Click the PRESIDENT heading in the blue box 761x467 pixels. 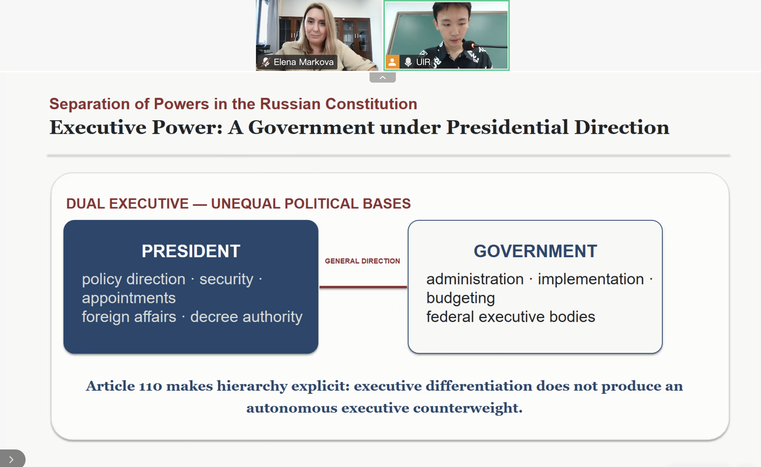tap(191, 251)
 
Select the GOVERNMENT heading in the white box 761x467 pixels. tap(535, 251)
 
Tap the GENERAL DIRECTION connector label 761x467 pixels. tap(362, 261)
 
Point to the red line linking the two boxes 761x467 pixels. tap(363, 287)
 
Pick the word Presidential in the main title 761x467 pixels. tap(507, 128)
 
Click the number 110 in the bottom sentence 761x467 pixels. tap(150, 386)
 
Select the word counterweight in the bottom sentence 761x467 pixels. tap(468, 408)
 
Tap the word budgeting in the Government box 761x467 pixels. tap(460, 298)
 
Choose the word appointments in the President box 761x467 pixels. tap(129, 298)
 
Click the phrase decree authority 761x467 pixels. tap(246, 316)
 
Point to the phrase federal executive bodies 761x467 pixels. tap(510, 316)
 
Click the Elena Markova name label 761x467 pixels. tap(303, 62)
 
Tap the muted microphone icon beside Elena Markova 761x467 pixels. tap(265, 62)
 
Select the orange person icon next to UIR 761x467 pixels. tap(392, 62)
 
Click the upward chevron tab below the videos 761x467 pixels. tap(383, 77)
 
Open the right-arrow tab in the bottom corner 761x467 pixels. tap(11, 459)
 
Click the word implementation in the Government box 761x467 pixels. tap(590, 279)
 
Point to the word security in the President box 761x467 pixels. tap(226, 279)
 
